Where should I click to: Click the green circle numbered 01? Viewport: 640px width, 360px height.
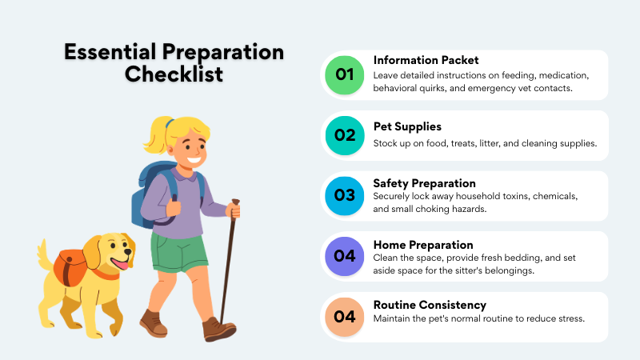click(345, 75)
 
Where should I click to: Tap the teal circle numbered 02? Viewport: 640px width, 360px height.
click(345, 135)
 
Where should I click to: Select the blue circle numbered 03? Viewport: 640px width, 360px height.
click(345, 195)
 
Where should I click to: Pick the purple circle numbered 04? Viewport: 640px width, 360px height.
click(345, 256)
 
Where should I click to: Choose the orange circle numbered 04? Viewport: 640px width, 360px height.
click(345, 316)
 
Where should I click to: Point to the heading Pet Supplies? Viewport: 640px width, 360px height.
click(407, 126)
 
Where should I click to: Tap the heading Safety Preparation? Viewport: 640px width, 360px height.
click(424, 182)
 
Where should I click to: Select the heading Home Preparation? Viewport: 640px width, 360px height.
click(423, 244)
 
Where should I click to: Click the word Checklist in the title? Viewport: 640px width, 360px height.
click(174, 74)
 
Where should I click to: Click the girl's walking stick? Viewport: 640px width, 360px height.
click(228, 264)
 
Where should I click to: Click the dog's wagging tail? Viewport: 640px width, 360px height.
click(45, 255)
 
